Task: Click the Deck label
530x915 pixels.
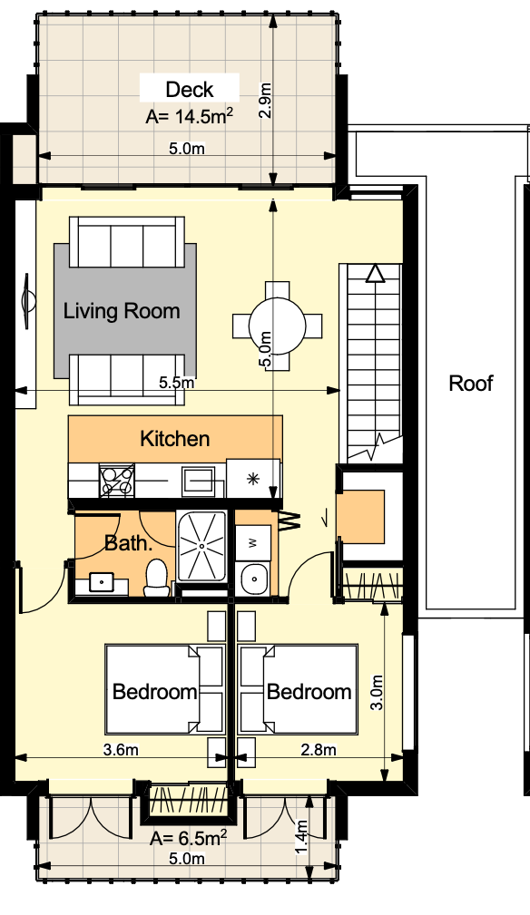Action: pyautogui.click(x=190, y=90)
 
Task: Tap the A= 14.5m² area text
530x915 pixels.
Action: pyautogui.click(x=189, y=117)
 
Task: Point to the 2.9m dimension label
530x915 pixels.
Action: pyautogui.click(x=266, y=101)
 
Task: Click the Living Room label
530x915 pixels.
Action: pyautogui.click(x=122, y=311)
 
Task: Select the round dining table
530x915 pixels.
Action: pyautogui.click(x=278, y=326)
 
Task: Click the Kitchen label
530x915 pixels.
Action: pyautogui.click(x=175, y=439)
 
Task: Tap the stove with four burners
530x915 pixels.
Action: pyautogui.click(x=117, y=481)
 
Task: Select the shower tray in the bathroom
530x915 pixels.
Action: pyautogui.click(x=202, y=546)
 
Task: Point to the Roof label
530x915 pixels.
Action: pyautogui.click(x=471, y=384)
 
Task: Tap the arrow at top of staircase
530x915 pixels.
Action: pyautogui.click(x=374, y=274)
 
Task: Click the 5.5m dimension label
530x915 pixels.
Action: pyautogui.click(x=177, y=383)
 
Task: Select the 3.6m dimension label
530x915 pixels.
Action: pyautogui.click(x=121, y=749)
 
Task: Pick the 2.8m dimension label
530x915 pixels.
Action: pyautogui.click(x=319, y=749)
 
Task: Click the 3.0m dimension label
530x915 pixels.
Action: pyautogui.click(x=377, y=693)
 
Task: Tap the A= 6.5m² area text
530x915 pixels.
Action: pyautogui.click(x=188, y=839)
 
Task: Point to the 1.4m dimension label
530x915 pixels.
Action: pyautogui.click(x=301, y=837)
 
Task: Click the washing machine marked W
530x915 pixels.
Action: pyautogui.click(x=253, y=543)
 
